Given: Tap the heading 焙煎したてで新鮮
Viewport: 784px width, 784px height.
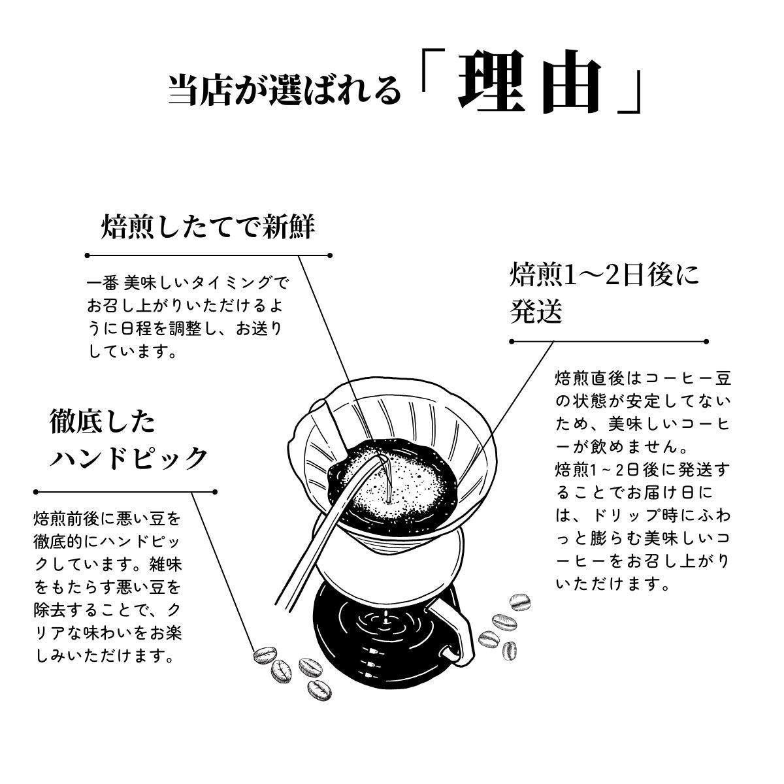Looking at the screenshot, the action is click(x=208, y=226).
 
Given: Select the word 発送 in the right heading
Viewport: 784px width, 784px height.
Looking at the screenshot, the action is click(x=536, y=311).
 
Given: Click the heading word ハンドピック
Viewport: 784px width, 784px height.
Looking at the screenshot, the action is click(x=128, y=458).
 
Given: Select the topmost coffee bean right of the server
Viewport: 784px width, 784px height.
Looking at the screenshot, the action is click(x=519, y=602).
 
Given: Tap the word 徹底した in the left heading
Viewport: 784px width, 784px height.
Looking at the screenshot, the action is click(x=102, y=422).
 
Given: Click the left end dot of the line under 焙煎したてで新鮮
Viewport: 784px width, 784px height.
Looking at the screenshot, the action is click(x=87, y=255).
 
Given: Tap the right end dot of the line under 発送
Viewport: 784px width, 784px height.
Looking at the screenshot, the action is click(x=706, y=342).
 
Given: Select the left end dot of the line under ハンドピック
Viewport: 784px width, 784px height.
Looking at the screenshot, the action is click(x=36, y=492).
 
